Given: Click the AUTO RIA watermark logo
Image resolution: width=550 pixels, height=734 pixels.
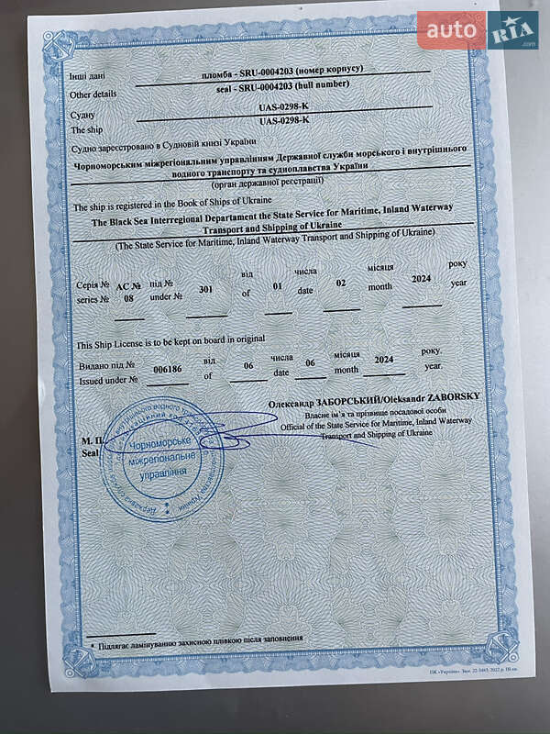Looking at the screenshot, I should click(x=478, y=31).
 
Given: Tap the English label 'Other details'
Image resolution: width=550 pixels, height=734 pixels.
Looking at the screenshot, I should click(x=93, y=94).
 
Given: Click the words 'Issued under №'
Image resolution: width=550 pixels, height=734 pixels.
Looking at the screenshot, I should click(x=108, y=379).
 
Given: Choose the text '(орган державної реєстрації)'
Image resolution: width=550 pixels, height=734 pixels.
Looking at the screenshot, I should click(x=272, y=182).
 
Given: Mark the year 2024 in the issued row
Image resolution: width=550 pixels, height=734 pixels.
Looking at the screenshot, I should click(x=384, y=360).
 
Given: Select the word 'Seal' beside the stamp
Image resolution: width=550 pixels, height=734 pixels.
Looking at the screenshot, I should click(x=88, y=452).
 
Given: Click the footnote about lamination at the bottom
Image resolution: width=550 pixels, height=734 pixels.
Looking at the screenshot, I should click(x=200, y=639).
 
